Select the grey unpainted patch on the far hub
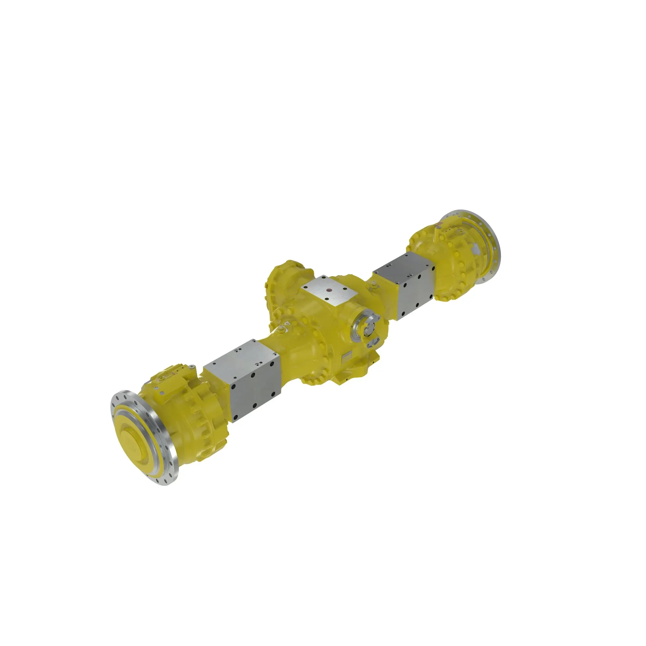tap(475, 249)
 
